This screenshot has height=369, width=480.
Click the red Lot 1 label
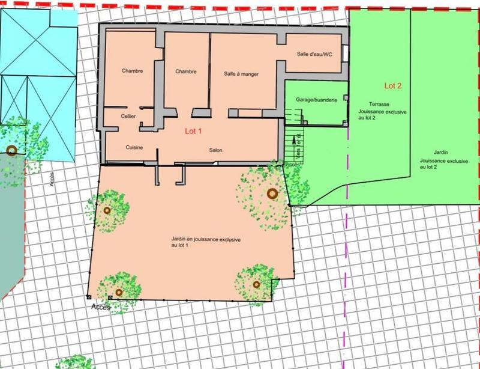tap(194, 130)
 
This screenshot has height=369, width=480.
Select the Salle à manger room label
tap(241, 74)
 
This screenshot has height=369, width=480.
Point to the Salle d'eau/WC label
tap(314, 54)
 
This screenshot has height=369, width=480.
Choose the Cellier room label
tap(128, 116)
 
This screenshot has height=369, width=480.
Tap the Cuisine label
tap(134, 147)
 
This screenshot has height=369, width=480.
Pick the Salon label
tap(216, 150)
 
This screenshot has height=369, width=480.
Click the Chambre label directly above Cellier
tap(132, 71)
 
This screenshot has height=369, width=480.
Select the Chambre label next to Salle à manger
tap(186, 72)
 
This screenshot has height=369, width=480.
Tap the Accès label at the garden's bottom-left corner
tap(101, 306)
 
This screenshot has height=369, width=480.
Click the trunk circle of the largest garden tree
tap(272, 194)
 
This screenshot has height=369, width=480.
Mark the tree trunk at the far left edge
tap(11, 150)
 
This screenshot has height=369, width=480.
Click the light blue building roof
tap(39, 84)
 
